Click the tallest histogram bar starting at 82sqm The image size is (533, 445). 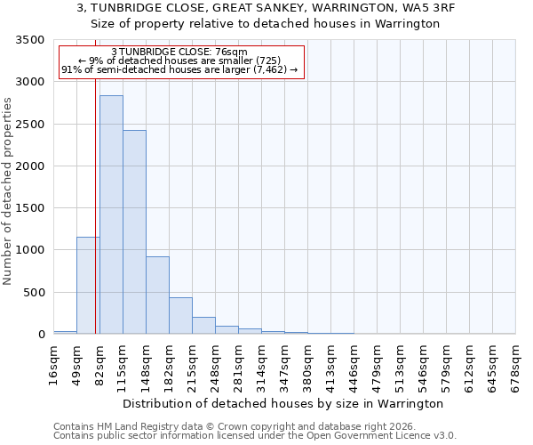(111, 214)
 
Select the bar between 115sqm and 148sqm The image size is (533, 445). (134, 231)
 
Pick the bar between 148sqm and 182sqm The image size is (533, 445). (157, 295)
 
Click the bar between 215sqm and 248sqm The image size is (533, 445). (203, 326)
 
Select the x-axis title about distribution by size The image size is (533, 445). (282, 403)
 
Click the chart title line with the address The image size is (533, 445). (266, 8)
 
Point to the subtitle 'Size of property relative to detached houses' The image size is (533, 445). (266, 24)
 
